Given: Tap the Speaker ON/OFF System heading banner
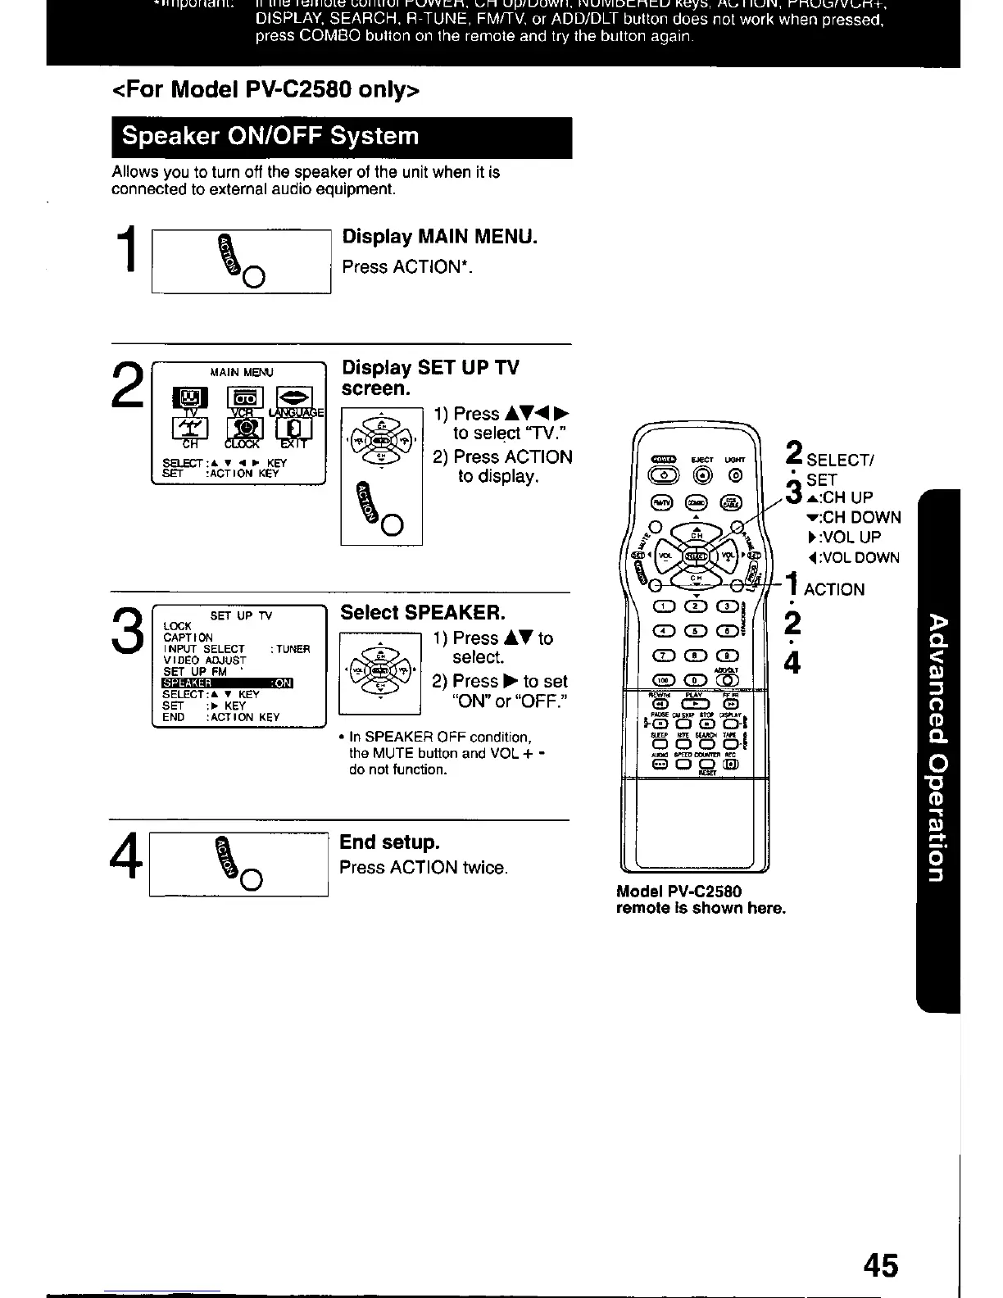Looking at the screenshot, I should [x=341, y=137].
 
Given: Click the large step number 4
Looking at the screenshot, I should [x=128, y=865].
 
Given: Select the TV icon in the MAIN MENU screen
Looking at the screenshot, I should [x=189, y=399].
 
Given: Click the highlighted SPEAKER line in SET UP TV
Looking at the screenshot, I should [x=228, y=683].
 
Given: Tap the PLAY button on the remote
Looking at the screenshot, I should [x=695, y=703].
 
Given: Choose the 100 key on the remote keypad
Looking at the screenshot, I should [x=661, y=678].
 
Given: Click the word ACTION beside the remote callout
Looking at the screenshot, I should [x=834, y=590].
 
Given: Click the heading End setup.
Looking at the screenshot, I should [x=389, y=842].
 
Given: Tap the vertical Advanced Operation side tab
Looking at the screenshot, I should [x=939, y=746].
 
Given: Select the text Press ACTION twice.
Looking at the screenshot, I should [x=424, y=868].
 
